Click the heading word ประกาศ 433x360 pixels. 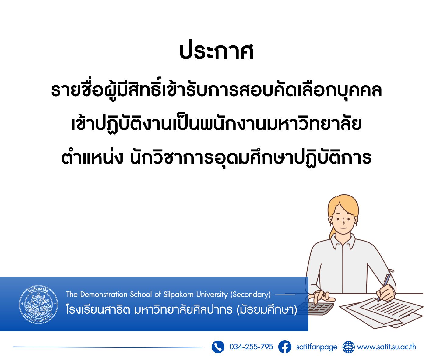pyautogui.click(x=216, y=52)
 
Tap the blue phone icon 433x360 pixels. pyautogui.click(x=218, y=347)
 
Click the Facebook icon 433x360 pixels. pyautogui.click(x=285, y=347)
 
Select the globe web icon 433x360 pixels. pyautogui.click(x=348, y=347)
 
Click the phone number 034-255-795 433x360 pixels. pyautogui.click(x=251, y=347)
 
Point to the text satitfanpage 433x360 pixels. pyautogui.click(x=317, y=347)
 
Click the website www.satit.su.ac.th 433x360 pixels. pyautogui.click(x=386, y=347)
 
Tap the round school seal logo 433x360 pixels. pyautogui.click(x=39, y=304)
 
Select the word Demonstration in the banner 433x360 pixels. pyautogui.click(x=104, y=294)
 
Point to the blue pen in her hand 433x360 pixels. pyautogui.click(x=384, y=288)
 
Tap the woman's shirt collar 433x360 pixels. pyautogui.click(x=343, y=242)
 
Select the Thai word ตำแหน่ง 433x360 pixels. pyautogui.click(x=92, y=158)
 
